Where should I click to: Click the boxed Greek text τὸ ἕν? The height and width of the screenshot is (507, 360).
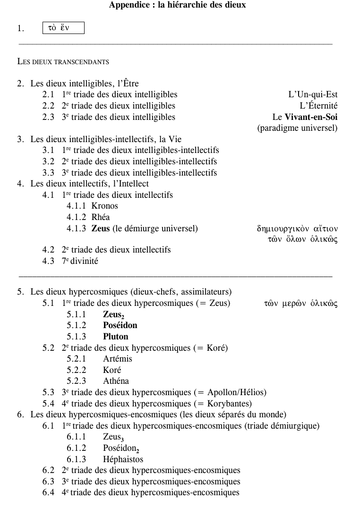[x=63, y=28]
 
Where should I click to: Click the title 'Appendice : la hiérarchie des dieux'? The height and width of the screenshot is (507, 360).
[x=177, y=5]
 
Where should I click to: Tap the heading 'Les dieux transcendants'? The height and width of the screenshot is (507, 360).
[x=63, y=61]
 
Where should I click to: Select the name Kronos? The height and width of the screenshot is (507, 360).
[x=104, y=206]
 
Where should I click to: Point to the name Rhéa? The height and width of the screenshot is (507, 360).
[x=100, y=217]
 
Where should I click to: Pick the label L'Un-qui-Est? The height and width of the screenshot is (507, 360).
[x=313, y=94]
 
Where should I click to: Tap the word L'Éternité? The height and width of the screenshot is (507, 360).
[x=318, y=106]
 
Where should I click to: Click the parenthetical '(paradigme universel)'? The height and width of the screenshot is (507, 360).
[x=297, y=128]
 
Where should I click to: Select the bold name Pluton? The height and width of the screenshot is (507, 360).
[x=116, y=337]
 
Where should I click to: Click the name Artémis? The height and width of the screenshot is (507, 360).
[x=118, y=359]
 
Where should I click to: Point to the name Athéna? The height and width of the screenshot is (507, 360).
[x=116, y=381]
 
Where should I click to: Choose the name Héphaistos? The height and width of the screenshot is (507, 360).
[x=123, y=459]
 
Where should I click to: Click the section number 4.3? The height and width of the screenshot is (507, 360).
[x=48, y=261]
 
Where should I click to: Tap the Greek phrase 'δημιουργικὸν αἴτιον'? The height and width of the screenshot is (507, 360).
[x=297, y=229]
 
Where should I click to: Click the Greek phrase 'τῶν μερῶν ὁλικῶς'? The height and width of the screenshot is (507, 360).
[x=300, y=303]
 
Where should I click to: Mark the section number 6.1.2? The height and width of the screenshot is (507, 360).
[x=76, y=448]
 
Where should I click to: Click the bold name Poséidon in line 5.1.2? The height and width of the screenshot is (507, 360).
[x=120, y=325]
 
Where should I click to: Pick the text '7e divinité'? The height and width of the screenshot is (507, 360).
[x=79, y=261]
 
